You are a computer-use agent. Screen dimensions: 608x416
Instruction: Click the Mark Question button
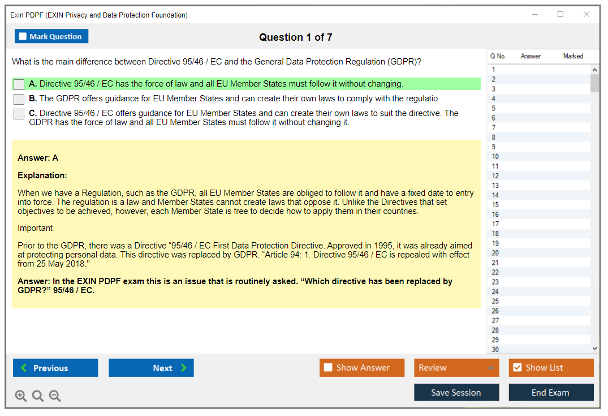tap(51, 36)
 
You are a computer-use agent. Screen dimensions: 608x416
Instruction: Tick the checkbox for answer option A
tap(19, 84)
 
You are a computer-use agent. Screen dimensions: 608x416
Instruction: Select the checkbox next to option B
tap(19, 99)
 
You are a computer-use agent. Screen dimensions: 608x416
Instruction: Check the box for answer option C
tap(19, 114)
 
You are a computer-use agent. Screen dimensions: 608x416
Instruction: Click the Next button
tap(151, 368)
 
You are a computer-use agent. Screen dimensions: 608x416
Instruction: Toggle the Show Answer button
tap(362, 367)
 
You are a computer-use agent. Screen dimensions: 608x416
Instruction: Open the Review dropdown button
tap(456, 367)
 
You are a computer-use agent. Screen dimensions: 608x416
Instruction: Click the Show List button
tap(551, 367)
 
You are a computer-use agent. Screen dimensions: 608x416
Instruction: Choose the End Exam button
tap(551, 392)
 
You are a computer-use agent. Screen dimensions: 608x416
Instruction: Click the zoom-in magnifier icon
tap(20, 396)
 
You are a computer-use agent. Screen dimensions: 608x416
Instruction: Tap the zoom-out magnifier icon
tap(55, 396)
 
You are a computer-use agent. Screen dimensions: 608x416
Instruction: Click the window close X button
tap(587, 14)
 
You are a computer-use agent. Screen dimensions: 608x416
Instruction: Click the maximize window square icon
tap(560, 14)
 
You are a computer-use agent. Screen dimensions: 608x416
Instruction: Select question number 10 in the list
tap(495, 157)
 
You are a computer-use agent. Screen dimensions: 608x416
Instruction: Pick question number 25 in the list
tap(495, 302)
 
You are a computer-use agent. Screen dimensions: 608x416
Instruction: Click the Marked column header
tap(573, 56)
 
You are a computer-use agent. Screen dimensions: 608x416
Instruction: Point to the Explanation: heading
tap(42, 175)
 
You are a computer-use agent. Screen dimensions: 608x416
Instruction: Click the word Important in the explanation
tap(35, 228)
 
